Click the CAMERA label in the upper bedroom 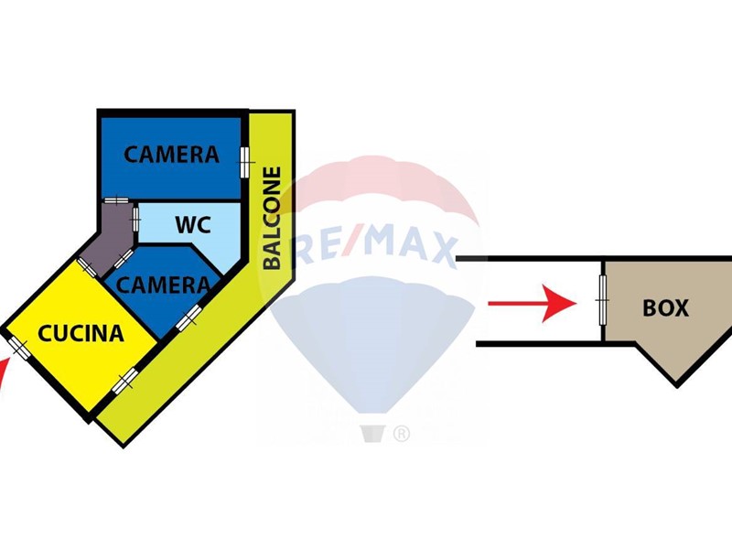click(x=172, y=154)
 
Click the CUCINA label click(x=81, y=333)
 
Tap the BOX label click(x=665, y=308)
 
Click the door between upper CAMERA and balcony click(x=245, y=160)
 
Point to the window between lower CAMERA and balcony click(x=189, y=318)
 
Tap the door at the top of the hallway click(x=116, y=202)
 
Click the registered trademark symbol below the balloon click(x=401, y=435)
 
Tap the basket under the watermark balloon click(x=371, y=433)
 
